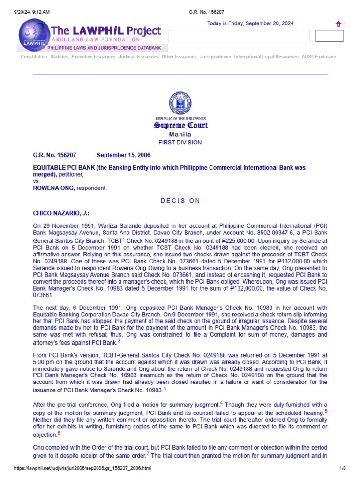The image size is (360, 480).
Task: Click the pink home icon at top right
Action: click(x=338, y=24)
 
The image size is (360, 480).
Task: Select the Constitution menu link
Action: click(x=34, y=57)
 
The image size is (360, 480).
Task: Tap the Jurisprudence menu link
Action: click(x=215, y=57)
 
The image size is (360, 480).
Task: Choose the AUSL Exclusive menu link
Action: click(x=319, y=57)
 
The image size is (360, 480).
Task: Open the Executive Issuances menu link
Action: click(x=93, y=57)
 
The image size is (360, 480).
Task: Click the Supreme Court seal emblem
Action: click(x=180, y=103)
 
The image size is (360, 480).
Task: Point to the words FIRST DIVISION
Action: click(x=180, y=142)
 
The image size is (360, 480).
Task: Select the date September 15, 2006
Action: click(x=123, y=155)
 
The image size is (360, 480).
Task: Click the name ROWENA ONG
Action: click(x=54, y=188)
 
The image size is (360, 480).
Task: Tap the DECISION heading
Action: click(x=180, y=201)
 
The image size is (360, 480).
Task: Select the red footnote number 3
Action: click(x=165, y=389)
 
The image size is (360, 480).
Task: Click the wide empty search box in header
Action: click(x=239, y=36)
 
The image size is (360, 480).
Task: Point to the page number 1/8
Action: click(x=342, y=468)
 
